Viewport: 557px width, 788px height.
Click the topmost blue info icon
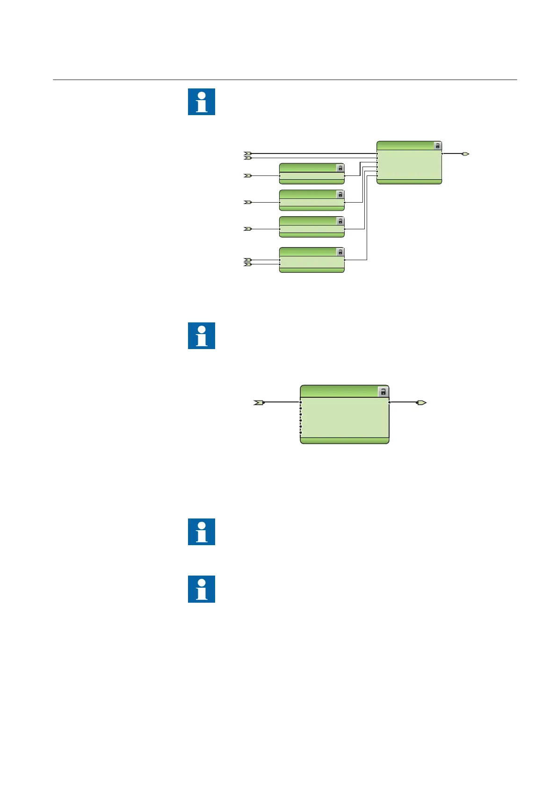tap(202, 102)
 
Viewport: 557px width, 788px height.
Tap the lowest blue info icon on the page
tap(202, 589)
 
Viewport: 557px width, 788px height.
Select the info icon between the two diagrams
tap(202, 336)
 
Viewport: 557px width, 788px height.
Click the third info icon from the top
tap(202, 532)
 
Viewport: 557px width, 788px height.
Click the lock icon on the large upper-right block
tap(437, 146)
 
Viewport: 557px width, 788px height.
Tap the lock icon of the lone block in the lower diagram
tap(383, 392)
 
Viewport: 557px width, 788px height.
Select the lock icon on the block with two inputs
tap(340, 252)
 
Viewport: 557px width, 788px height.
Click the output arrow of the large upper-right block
tap(465, 153)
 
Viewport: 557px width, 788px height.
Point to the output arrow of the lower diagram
tap(421, 402)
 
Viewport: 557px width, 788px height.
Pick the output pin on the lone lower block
tap(390, 402)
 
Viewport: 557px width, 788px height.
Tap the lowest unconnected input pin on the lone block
tap(301, 433)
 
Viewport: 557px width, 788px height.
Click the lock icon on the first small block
tap(340, 168)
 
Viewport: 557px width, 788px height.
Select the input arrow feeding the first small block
tap(248, 176)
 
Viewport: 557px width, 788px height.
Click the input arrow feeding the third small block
tap(248, 229)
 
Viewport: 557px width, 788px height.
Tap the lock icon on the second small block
tap(340, 194)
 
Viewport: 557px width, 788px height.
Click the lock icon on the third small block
tap(340, 221)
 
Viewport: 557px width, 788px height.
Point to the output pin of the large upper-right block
tap(442, 153)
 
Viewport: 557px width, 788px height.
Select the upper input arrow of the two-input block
tap(248, 260)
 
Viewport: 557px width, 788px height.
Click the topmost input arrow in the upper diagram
tap(248, 153)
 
